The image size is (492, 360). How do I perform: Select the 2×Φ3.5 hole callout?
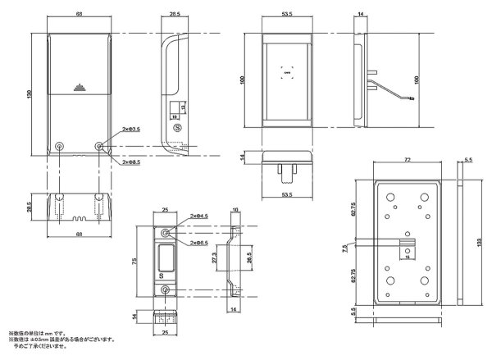(x=130, y=130)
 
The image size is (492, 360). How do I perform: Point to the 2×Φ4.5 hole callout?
(x=196, y=217)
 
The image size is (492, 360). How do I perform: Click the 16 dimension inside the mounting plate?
(x=405, y=256)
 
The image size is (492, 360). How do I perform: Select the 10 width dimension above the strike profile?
(x=236, y=211)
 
